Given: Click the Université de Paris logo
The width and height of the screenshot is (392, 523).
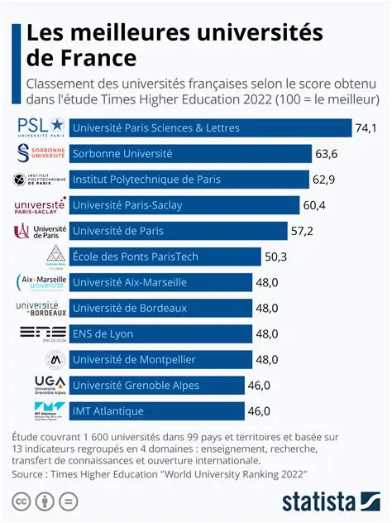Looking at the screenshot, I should pyautogui.click(x=41, y=231).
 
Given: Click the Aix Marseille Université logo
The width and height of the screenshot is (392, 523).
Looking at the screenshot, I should pyautogui.click(x=41, y=282).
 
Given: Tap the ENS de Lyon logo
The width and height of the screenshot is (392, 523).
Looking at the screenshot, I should pyautogui.click(x=41, y=333).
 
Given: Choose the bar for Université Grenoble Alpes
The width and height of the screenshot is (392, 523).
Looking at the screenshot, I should pyautogui.click(x=156, y=385).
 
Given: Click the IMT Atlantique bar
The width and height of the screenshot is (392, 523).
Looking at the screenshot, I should pyautogui.click(x=156, y=410).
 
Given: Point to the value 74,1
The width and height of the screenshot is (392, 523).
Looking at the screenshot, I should pyautogui.click(x=366, y=128).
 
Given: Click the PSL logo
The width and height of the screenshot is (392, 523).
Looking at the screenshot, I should pyautogui.click(x=41, y=127).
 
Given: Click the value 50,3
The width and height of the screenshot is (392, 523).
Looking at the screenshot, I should pyautogui.click(x=275, y=257).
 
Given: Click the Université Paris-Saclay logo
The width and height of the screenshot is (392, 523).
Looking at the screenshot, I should pyautogui.click(x=41, y=205).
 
